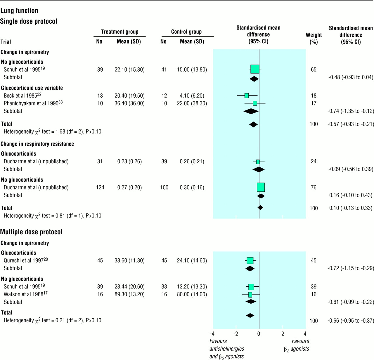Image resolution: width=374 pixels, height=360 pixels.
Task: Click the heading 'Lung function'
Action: click(x=19, y=11)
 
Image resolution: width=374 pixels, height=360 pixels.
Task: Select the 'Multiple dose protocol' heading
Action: click(x=31, y=232)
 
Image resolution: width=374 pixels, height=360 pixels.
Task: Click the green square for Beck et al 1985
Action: click(x=247, y=96)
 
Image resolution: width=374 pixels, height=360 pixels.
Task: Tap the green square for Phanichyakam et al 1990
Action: click(x=255, y=103)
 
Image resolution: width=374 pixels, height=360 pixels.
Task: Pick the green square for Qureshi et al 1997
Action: click(x=250, y=261)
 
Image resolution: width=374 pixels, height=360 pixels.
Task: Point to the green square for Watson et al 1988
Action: click(x=250, y=295)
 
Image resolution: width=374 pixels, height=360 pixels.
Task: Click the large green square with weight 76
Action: click(x=261, y=187)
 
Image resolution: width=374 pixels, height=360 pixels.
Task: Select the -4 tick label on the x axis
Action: click(x=212, y=334)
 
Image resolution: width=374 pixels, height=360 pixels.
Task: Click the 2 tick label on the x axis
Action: click(x=283, y=334)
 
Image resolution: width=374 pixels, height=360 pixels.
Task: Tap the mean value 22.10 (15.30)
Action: click(x=129, y=70)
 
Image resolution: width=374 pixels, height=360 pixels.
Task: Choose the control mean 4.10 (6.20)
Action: click(x=192, y=96)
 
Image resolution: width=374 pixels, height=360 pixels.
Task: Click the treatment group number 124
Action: click(x=100, y=187)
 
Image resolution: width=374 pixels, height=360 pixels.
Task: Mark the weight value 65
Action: click(x=314, y=70)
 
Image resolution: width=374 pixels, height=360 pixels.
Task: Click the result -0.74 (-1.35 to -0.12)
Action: click(x=351, y=111)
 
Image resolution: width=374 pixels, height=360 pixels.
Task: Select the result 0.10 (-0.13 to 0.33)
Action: click(x=351, y=208)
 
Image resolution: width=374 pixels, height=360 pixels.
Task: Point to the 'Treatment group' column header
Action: click(x=120, y=32)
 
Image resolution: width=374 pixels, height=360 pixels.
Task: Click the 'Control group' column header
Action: click(x=186, y=32)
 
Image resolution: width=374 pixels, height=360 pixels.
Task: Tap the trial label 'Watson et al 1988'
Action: click(x=25, y=294)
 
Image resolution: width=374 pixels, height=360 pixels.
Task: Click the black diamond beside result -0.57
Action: click(x=254, y=124)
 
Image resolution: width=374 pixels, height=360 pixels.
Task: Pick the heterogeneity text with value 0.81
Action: click(x=53, y=216)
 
